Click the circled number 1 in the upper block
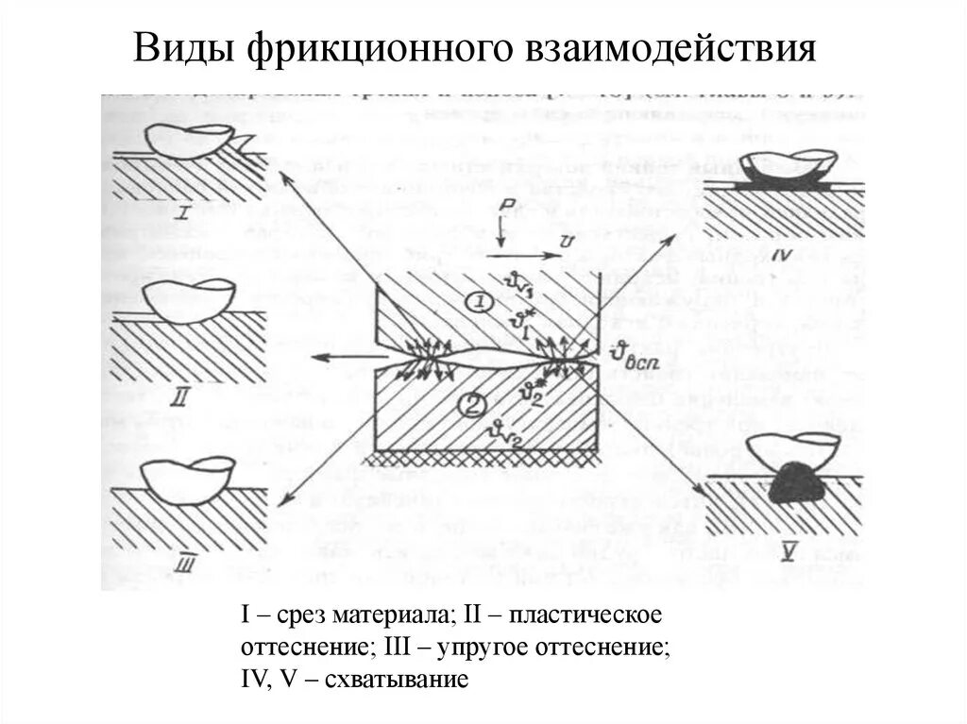[x=478, y=303]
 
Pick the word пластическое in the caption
[x=584, y=616]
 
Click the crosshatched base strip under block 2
[x=486, y=455]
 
